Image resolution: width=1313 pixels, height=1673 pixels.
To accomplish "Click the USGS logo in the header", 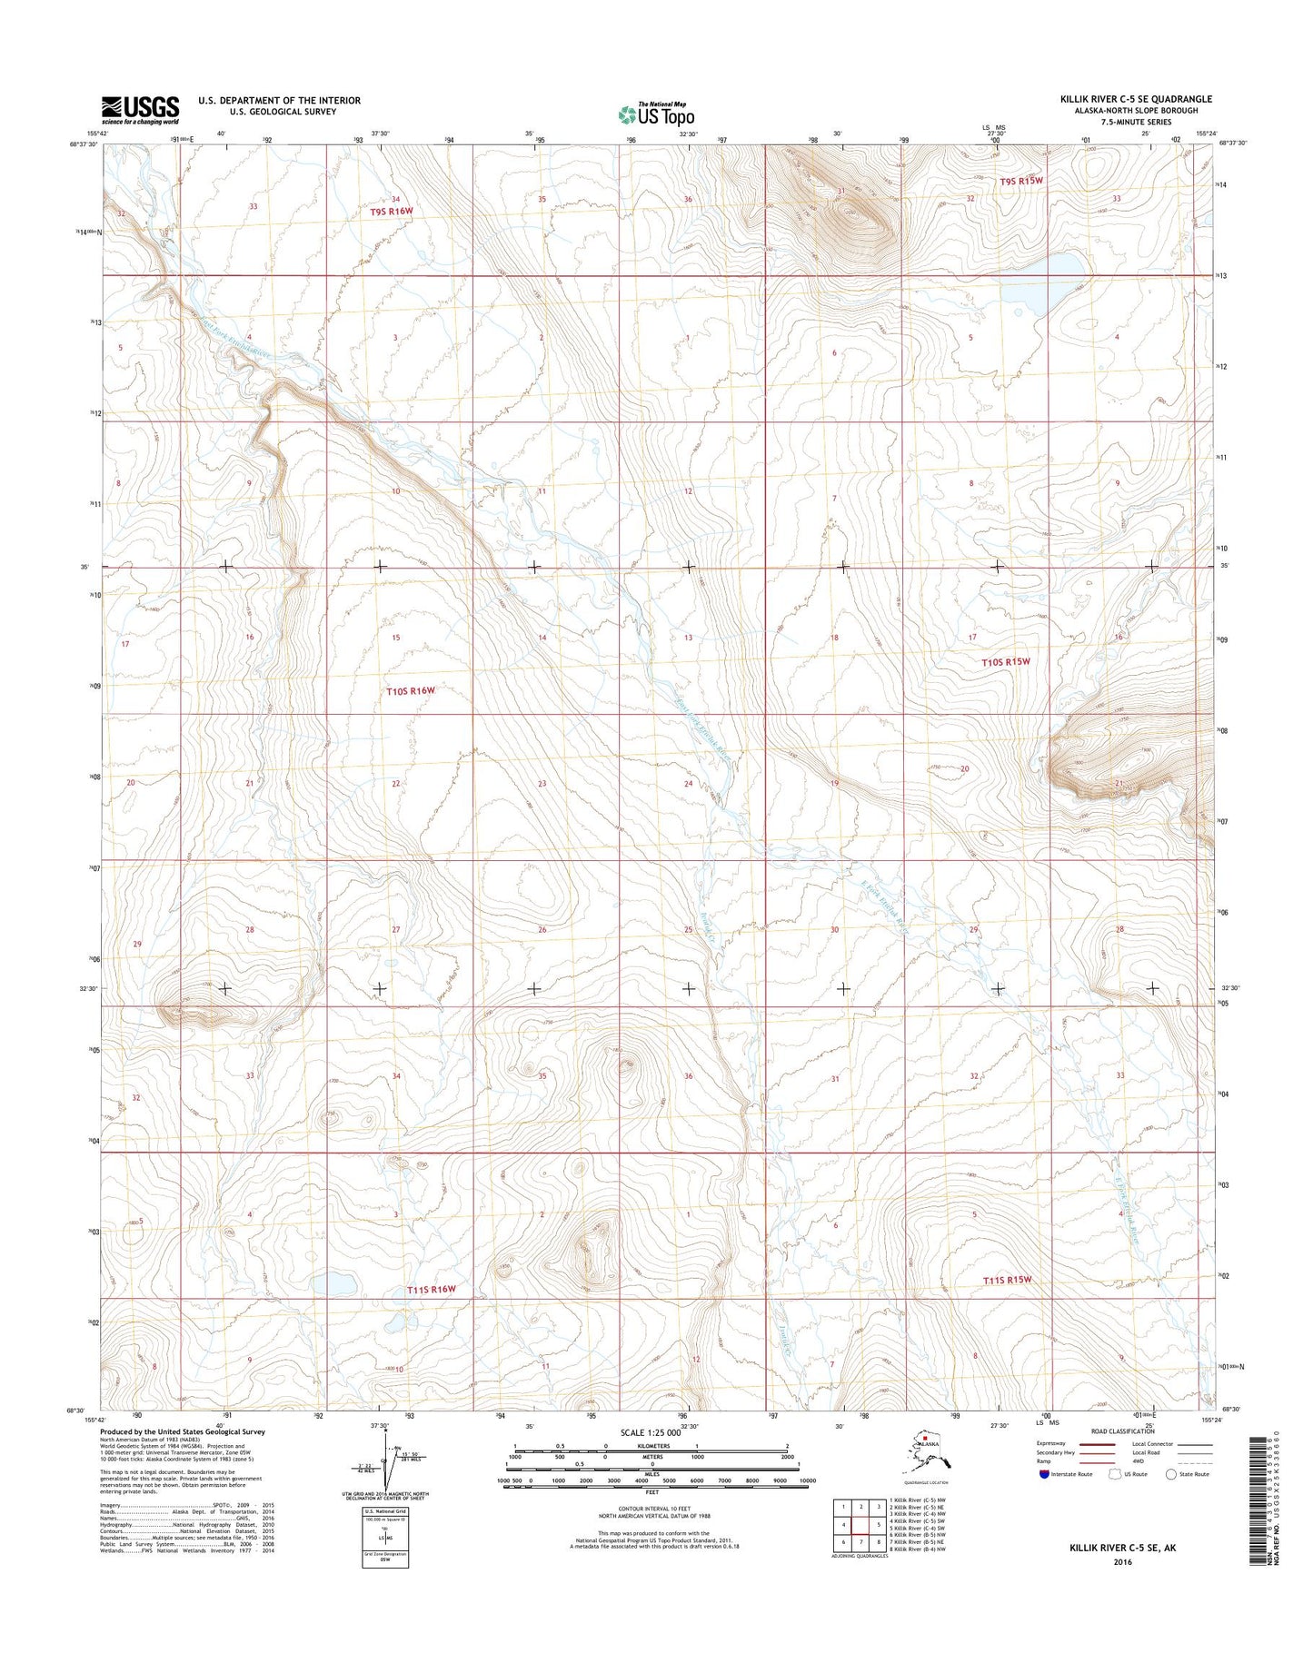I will pos(140,110).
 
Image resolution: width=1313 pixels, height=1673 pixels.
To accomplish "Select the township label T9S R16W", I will pos(392,211).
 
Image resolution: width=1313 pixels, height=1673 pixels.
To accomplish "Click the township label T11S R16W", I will pos(431,1289).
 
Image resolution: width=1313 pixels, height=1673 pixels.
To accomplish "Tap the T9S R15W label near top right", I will pos(1021,181).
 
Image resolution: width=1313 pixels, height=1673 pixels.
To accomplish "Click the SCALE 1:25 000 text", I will pos(652,1432).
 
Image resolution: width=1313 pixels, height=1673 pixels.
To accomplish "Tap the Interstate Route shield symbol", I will pos(1044,1474).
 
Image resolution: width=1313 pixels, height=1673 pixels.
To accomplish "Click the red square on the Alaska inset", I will pos(925,1439).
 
